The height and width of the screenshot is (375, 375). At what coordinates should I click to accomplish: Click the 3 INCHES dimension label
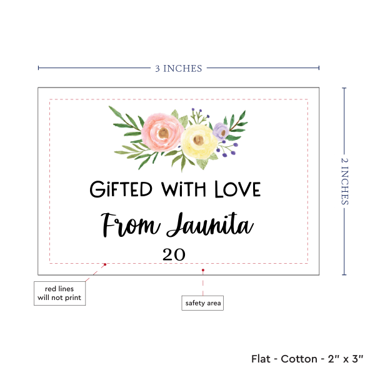click(x=179, y=68)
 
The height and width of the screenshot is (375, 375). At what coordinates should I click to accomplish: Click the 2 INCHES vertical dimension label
click(x=346, y=181)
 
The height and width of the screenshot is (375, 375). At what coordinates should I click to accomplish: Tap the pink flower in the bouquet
click(x=162, y=129)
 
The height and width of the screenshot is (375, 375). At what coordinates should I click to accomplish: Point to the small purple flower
click(x=220, y=130)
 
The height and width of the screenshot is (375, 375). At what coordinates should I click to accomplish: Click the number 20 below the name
click(x=174, y=254)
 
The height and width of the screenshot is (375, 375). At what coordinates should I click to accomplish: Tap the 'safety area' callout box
click(x=202, y=303)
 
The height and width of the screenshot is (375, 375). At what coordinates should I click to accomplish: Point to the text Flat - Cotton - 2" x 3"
click(x=309, y=359)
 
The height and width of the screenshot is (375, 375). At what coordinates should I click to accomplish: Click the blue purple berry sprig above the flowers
click(x=198, y=115)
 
